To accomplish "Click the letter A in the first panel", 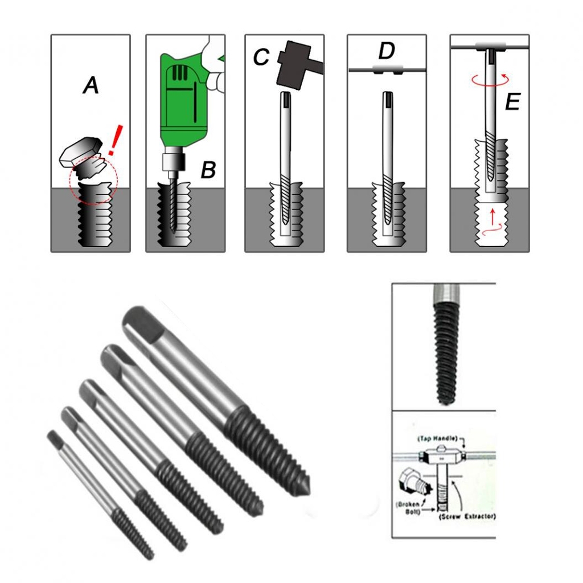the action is (91, 85).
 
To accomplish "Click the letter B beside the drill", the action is (208, 170).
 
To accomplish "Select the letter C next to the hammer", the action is (261, 57).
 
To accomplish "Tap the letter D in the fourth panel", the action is (387, 51).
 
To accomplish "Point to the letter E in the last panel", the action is (513, 101).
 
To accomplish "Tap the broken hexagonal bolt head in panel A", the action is (81, 151).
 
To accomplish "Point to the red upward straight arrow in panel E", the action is (493, 216).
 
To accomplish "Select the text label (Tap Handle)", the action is (437, 439).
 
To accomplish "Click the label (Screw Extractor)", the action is (467, 516).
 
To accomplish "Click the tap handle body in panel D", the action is (388, 69).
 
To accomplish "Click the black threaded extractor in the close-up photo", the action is (446, 352).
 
